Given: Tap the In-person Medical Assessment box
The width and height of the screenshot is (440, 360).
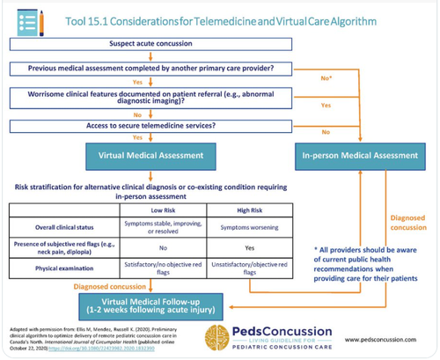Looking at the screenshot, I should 360,156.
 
